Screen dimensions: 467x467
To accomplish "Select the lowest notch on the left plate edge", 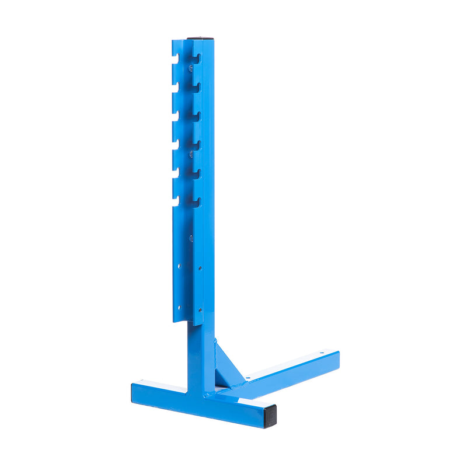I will pyautogui.click(x=175, y=203).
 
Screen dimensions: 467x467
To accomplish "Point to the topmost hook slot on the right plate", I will pyautogui.click(x=197, y=58).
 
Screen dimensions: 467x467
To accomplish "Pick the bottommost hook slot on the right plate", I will pyautogui.click(x=197, y=202).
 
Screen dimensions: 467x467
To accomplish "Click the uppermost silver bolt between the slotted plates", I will pyautogui.click(x=190, y=68).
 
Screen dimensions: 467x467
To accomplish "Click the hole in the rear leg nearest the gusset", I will pyautogui.click(x=248, y=378).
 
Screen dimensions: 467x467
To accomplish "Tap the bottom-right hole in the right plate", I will pyautogui.click(x=200, y=310).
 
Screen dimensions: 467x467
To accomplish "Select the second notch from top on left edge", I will pyautogui.click(x=175, y=88).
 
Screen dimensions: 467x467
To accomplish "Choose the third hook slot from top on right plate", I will pyautogui.click(x=197, y=116).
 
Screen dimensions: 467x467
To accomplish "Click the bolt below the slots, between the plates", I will pyautogui.click(x=190, y=237).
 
